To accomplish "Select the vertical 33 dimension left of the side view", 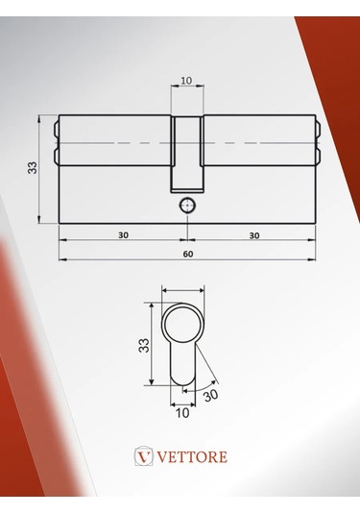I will [33, 167].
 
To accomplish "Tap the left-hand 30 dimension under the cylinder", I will [124, 234].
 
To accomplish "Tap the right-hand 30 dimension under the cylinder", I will [253, 234].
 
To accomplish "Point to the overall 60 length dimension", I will [187, 254].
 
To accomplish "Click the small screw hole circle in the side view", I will [186, 205].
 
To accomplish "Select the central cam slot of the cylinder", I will [186, 154].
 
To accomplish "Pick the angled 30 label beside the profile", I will [210, 394].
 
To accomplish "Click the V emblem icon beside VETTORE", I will [145, 456].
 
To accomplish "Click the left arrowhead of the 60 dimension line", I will [62, 259].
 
